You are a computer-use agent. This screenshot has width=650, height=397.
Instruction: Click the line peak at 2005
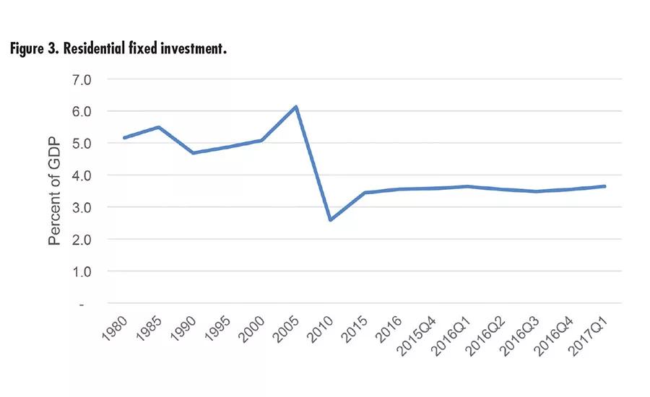[x=296, y=107]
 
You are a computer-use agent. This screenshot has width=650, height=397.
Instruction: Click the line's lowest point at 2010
[x=330, y=219]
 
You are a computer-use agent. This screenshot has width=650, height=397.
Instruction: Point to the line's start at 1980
[x=125, y=138]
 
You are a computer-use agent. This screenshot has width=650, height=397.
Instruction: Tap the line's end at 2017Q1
[x=604, y=186]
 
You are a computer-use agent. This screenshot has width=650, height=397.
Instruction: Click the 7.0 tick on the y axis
[x=82, y=79]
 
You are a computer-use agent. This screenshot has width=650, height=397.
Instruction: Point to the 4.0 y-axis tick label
[x=82, y=175]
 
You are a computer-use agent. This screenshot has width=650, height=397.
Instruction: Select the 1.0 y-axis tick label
[x=82, y=271]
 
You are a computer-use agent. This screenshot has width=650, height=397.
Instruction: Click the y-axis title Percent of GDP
[x=55, y=191]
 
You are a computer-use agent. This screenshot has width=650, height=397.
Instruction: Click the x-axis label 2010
[x=321, y=326]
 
